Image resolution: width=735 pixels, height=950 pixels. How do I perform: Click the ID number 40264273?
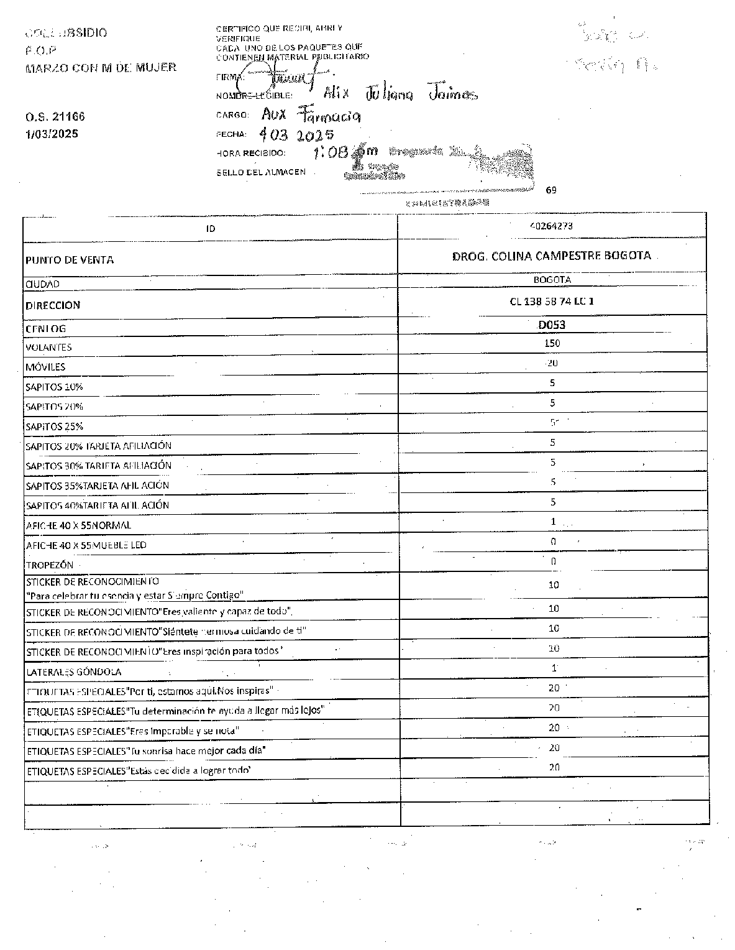pyautogui.click(x=552, y=226)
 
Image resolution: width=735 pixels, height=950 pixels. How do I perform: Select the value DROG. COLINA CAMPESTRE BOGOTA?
pyautogui.click(x=552, y=256)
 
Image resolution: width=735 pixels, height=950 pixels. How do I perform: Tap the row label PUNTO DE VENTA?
pyautogui.click(x=70, y=260)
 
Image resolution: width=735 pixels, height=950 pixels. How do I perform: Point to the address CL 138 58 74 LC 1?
pyautogui.click(x=552, y=302)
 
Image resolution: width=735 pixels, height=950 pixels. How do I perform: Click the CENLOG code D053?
pyautogui.click(x=552, y=325)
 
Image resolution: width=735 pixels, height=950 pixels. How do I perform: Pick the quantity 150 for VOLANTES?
pyautogui.click(x=552, y=343)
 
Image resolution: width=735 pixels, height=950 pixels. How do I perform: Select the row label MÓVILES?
pyautogui.click(x=45, y=367)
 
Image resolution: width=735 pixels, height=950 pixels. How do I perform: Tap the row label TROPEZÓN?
pyautogui.click(x=50, y=565)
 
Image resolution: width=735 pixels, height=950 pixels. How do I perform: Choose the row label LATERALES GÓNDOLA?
pyautogui.click(x=73, y=672)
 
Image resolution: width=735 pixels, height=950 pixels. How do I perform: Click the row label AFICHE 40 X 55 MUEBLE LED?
pyautogui.click(x=86, y=545)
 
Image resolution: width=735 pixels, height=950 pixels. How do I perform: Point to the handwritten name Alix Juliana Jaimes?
pyautogui.click(x=400, y=93)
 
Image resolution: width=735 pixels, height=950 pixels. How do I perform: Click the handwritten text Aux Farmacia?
pyautogui.click(x=311, y=115)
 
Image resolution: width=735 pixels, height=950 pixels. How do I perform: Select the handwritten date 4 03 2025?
pyautogui.click(x=296, y=134)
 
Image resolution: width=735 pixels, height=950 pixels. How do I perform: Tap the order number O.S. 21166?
pyautogui.click(x=55, y=116)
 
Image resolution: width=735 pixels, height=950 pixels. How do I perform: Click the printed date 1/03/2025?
pyautogui.click(x=52, y=134)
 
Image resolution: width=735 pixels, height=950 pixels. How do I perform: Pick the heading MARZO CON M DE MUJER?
pyautogui.click(x=101, y=67)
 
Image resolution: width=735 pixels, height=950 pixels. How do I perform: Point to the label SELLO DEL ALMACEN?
pyautogui.click(x=261, y=172)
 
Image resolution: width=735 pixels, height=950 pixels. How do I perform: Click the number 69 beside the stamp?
pyautogui.click(x=551, y=190)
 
